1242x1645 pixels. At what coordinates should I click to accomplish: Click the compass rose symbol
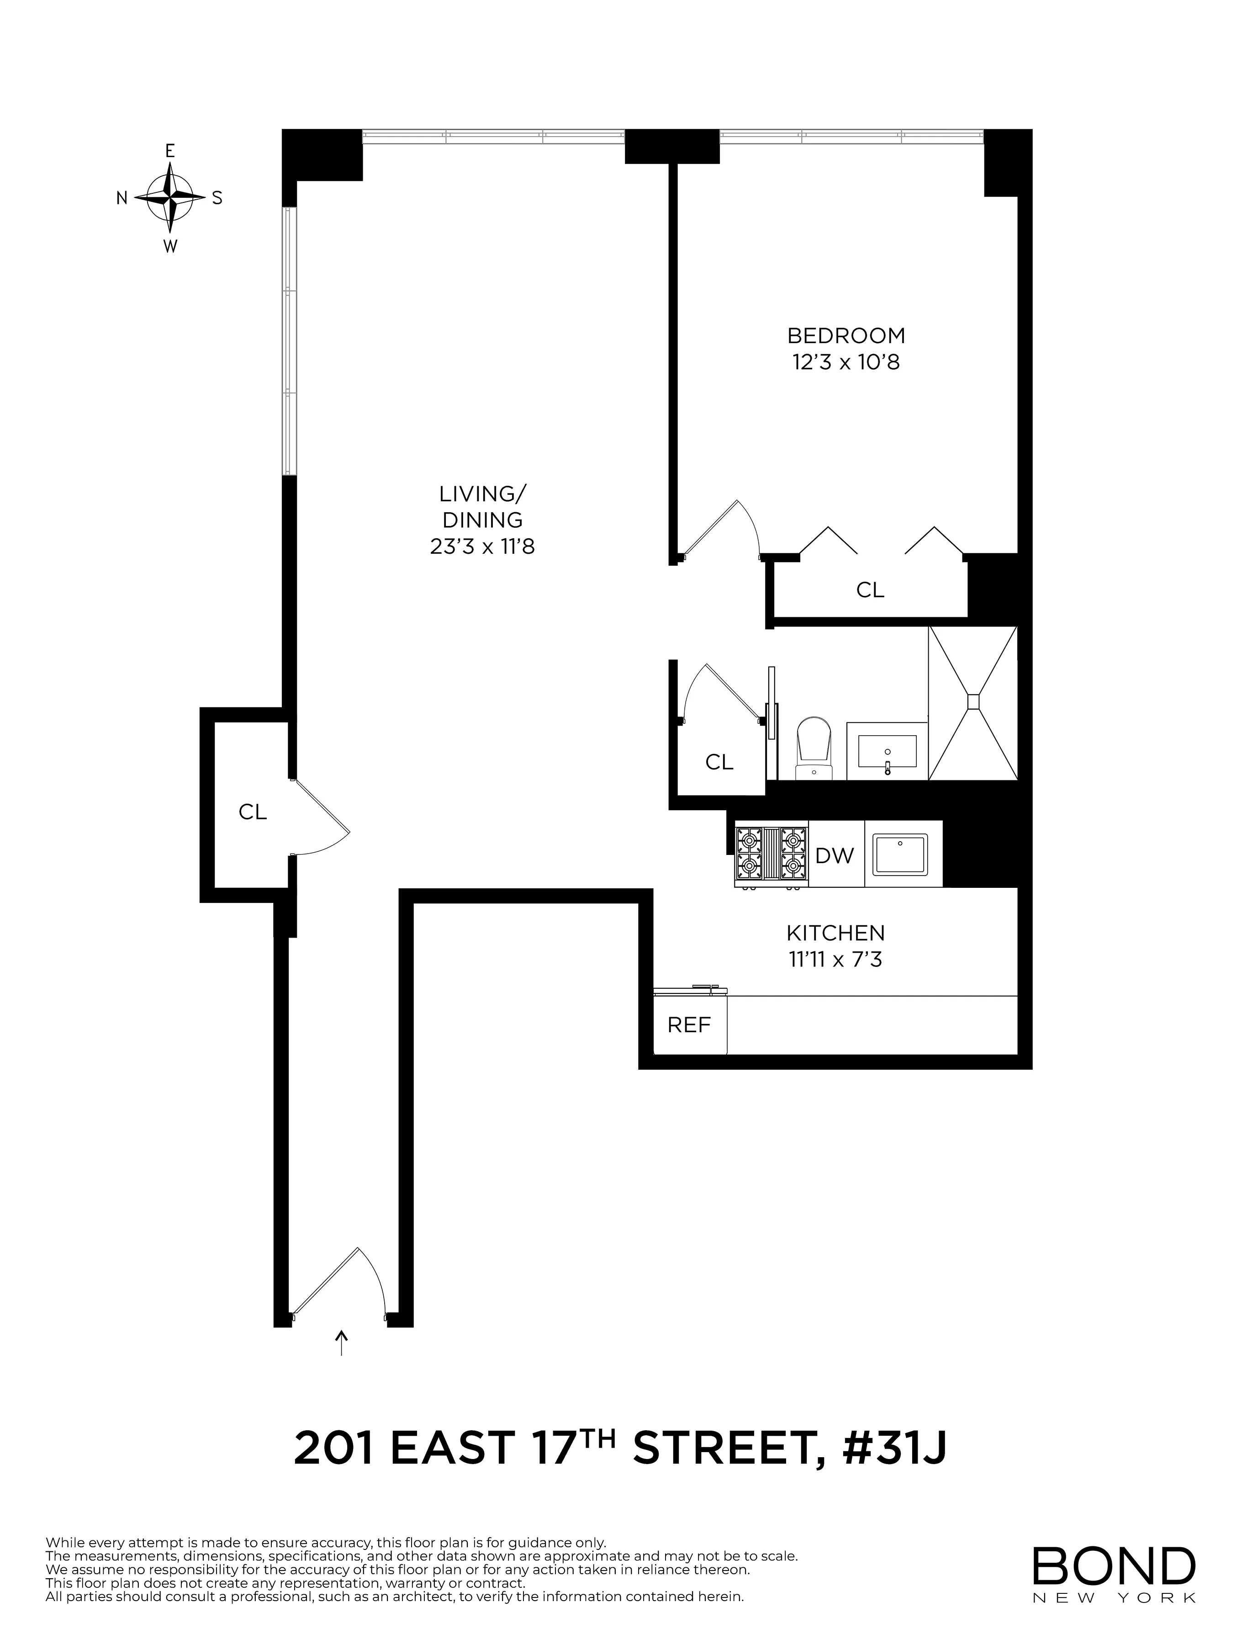pyautogui.click(x=170, y=198)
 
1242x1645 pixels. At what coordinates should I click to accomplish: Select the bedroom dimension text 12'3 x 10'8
pyautogui.click(x=846, y=362)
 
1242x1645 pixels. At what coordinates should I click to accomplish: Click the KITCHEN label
pyautogui.click(x=835, y=933)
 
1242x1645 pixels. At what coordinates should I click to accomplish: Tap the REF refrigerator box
pyautogui.click(x=689, y=1025)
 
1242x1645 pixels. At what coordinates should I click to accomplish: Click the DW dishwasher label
pyautogui.click(x=835, y=856)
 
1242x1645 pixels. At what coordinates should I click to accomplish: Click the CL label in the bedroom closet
pyautogui.click(x=870, y=590)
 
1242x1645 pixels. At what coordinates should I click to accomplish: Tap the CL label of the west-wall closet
pyautogui.click(x=252, y=812)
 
